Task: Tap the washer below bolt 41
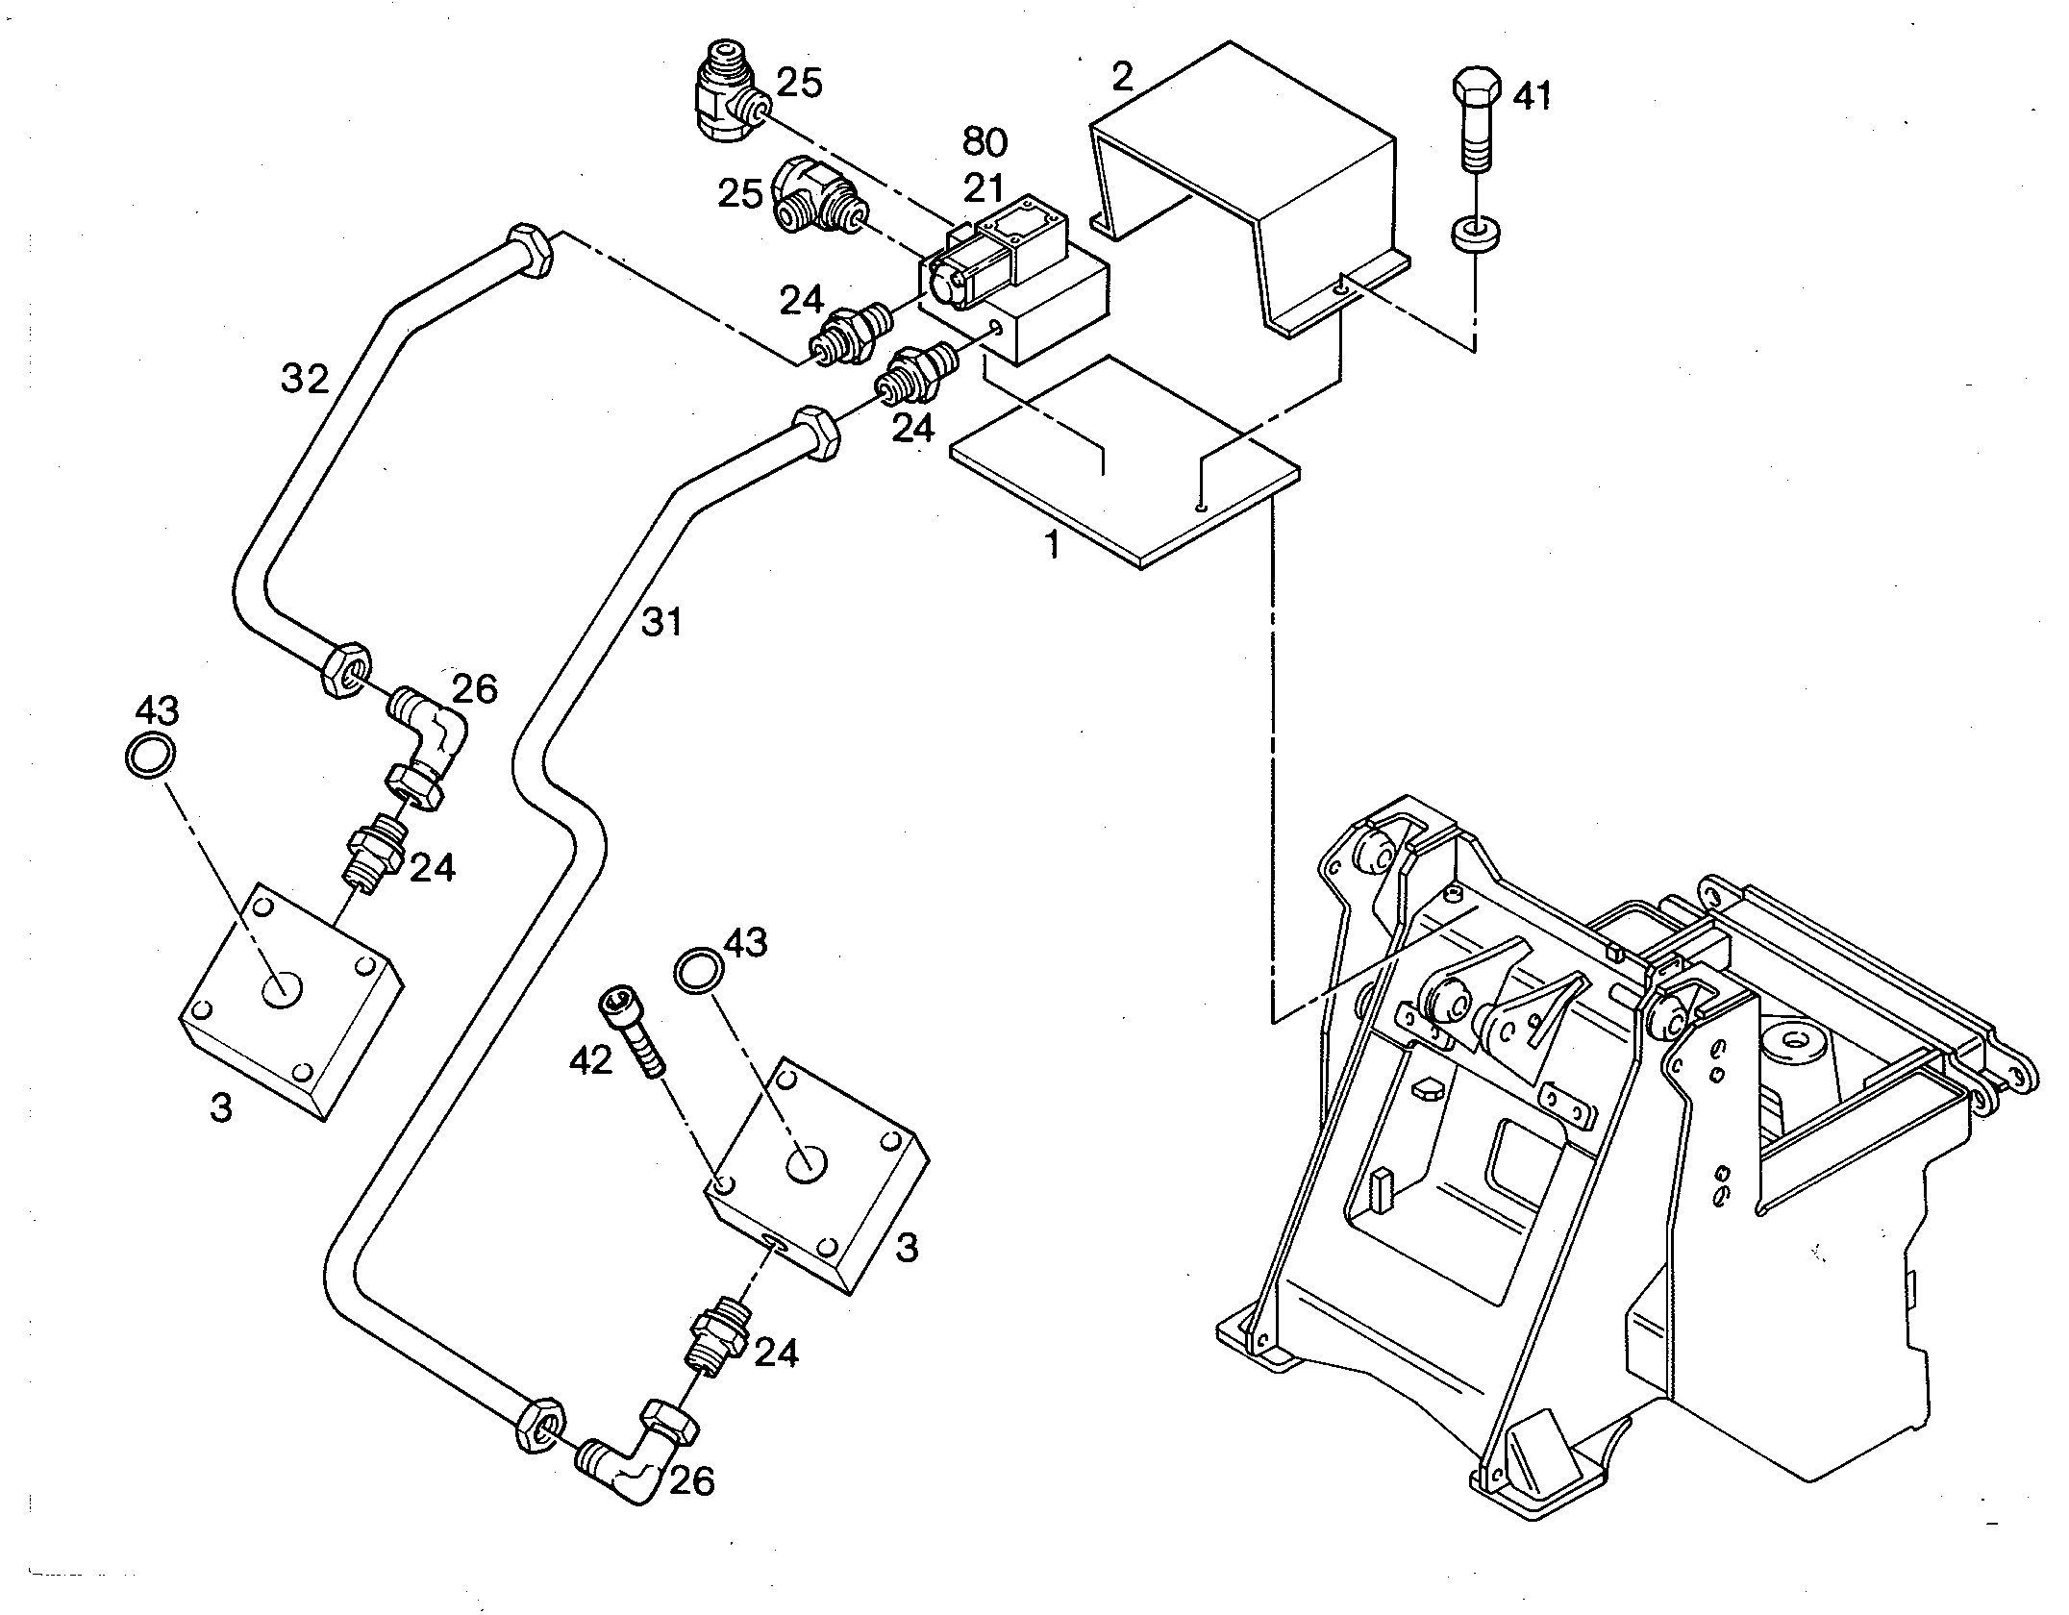[x=1475, y=233]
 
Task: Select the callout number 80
[x=985, y=143]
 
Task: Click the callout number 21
[x=983, y=188]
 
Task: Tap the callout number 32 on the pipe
[x=305, y=380]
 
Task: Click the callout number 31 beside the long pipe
[x=661, y=623]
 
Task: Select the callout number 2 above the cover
[x=1123, y=77]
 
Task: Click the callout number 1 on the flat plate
[x=1053, y=546]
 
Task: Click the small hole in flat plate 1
[x=1199, y=505]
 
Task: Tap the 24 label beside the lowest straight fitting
[x=776, y=1354]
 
